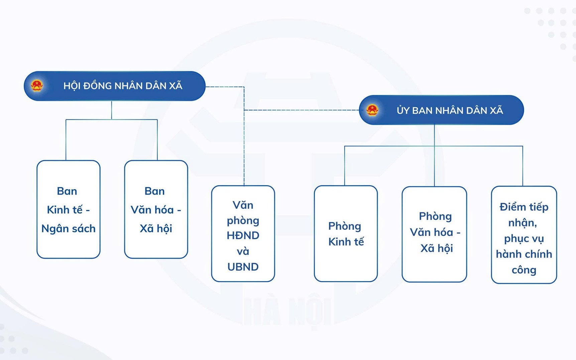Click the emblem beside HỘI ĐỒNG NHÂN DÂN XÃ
click(x=37, y=86)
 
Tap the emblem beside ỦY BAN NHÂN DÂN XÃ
click(x=372, y=110)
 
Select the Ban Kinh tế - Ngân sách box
click(x=69, y=209)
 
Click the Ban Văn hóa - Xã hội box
click(x=156, y=209)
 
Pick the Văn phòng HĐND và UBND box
click(x=243, y=234)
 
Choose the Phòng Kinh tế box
click(x=346, y=234)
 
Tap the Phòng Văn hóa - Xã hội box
click(x=434, y=234)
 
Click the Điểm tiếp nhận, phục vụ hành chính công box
click(x=524, y=235)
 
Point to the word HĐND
click(x=243, y=235)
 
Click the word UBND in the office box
click(x=243, y=267)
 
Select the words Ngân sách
click(x=69, y=229)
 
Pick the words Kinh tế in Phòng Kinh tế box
click(x=346, y=242)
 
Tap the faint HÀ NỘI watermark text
click(x=288, y=311)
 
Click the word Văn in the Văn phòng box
click(x=243, y=205)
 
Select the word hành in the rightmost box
click(x=507, y=254)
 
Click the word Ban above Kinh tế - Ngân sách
click(x=67, y=191)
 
